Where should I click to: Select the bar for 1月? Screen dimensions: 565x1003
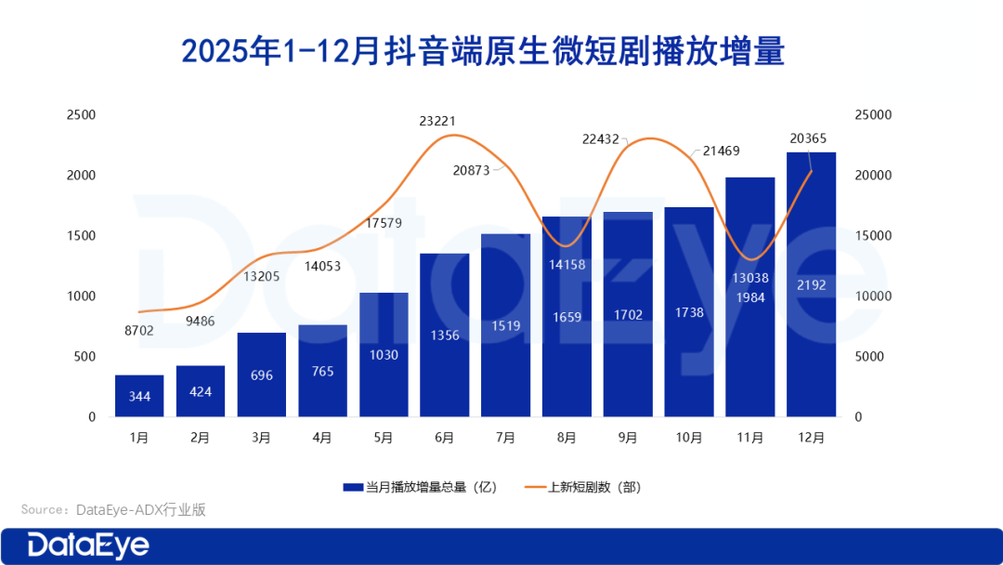(139, 395)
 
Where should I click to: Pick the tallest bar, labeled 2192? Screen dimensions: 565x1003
(811, 283)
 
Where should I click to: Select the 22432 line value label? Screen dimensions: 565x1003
(601, 138)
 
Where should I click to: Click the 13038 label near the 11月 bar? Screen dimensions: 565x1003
(750, 278)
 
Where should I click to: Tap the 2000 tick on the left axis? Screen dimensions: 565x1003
(81, 176)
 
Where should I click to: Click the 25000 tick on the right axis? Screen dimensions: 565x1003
(872, 115)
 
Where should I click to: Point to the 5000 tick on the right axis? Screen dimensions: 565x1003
(872, 357)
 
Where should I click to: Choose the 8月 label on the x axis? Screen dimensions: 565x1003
(567, 437)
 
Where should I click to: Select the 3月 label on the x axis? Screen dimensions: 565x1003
(261, 437)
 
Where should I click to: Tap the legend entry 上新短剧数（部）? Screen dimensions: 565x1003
(583, 487)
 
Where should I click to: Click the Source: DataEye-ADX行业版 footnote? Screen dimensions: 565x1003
(113, 509)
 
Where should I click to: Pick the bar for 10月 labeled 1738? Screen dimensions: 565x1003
(689, 311)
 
